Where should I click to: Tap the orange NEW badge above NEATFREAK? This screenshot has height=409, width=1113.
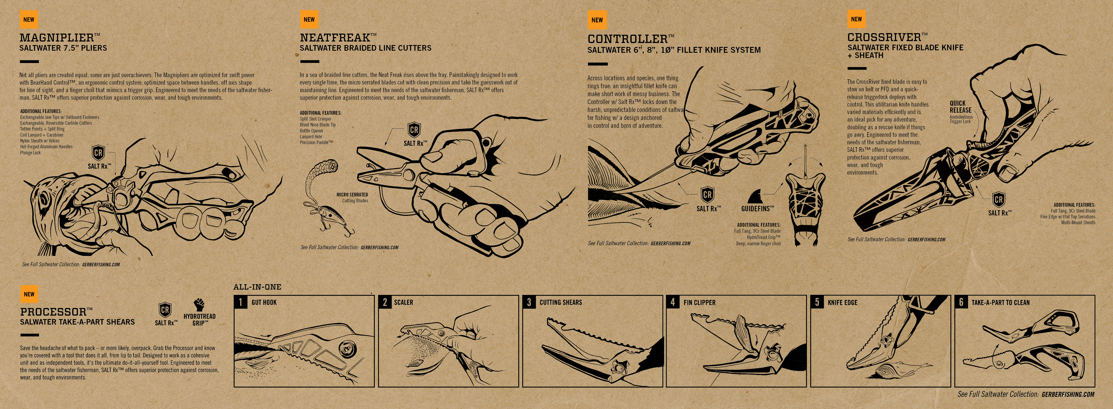click(309, 19)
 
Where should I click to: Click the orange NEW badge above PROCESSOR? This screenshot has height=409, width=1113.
click(29, 294)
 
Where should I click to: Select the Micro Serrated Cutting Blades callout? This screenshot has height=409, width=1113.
click(352, 197)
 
